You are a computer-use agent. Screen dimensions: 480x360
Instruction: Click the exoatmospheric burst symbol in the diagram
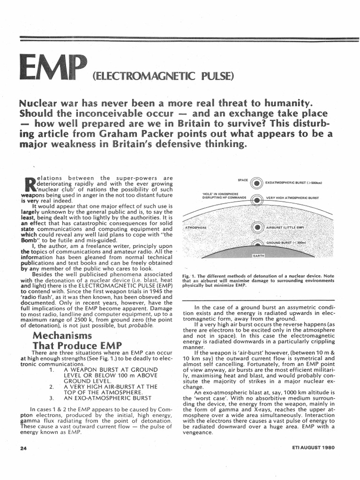point(256,183)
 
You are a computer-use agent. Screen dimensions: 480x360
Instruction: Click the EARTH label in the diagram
point(259,256)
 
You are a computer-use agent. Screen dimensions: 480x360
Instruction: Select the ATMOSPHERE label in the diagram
point(197,227)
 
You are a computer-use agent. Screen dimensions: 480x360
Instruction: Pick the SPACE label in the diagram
point(243,180)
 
